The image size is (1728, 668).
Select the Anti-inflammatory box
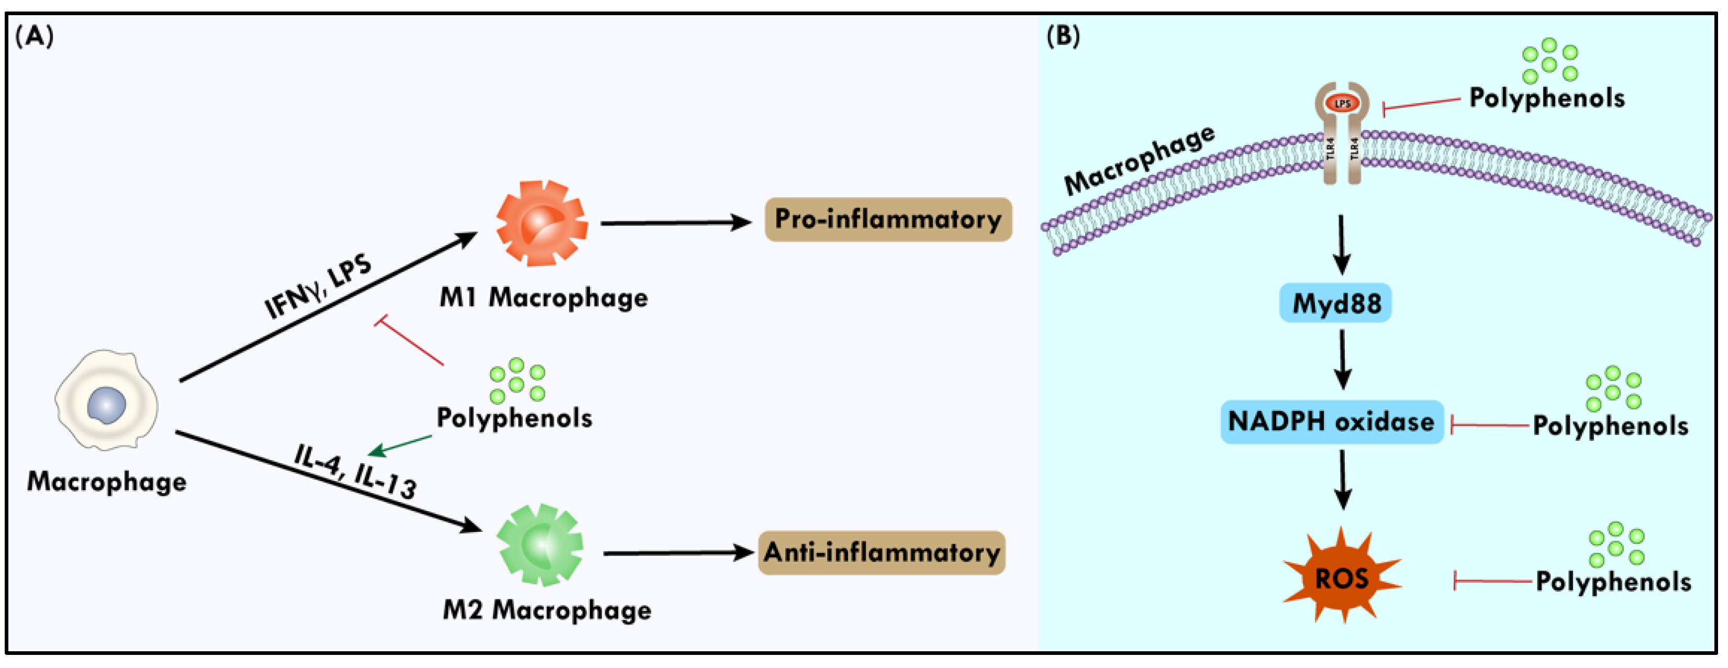pyautogui.click(x=881, y=553)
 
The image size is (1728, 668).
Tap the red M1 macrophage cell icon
pyautogui.click(x=541, y=224)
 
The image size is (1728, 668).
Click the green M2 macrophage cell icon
pyautogui.click(x=540, y=544)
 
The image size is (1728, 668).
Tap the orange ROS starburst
pyautogui.click(x=1341, y=577)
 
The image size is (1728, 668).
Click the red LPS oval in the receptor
pyautogui.click(x=1342, y=103)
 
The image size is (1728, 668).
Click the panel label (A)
pyautogui.click(x=34, y=36)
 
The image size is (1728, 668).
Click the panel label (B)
pyautogui.click(x=1063, y=36)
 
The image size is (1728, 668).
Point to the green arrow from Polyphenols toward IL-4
pyautogui.click(x=401, y=444)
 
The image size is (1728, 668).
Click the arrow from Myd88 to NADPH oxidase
pyautogui.click(x=1342, y=360)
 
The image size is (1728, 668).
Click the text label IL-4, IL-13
pyautogui.click(x=355, y=472)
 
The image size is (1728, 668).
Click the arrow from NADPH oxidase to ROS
pyautogui.click(x=1342, y=479)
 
